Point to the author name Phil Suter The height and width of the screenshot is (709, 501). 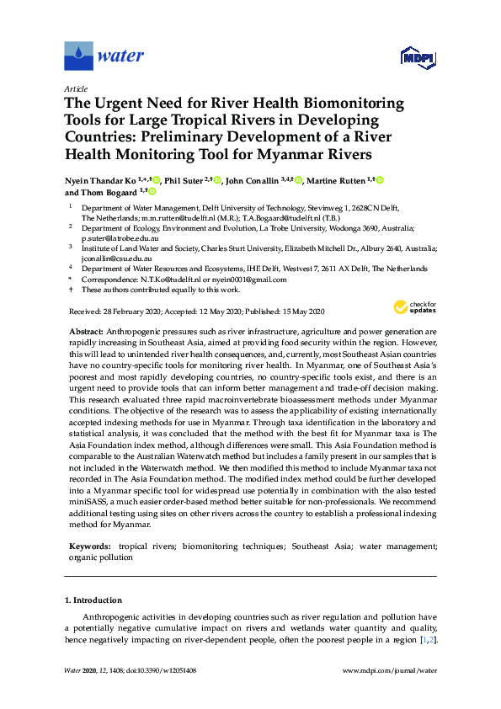(x=184, y=180)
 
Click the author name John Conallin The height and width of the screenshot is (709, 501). (x=257, y=180)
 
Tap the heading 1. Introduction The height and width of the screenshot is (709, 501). (x=93, y=601)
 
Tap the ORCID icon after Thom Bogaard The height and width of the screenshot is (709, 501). (x=152, y=192)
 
